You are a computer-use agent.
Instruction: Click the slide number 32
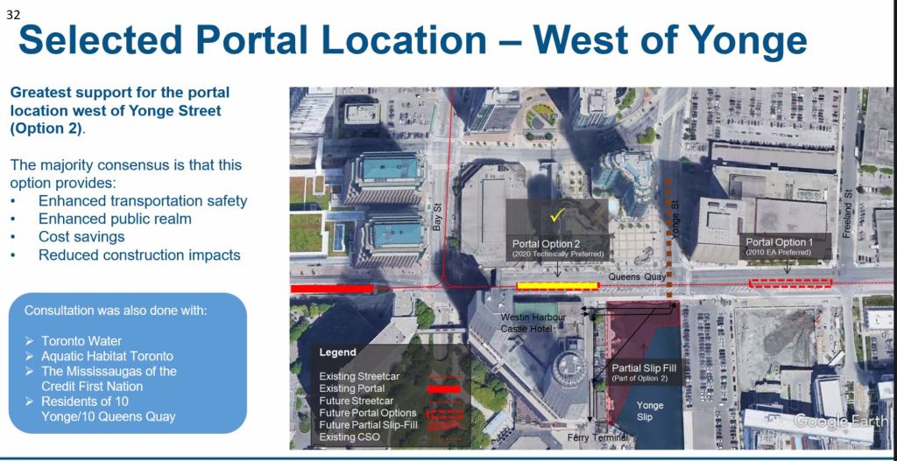[x=12, y=16]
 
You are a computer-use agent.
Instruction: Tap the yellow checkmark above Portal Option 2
[x=557, y=216]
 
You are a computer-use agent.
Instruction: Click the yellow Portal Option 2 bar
[x=557, y=286]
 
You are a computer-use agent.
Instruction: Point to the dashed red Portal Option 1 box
[x=790, y=283]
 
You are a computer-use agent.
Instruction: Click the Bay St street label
[x=438, y=219]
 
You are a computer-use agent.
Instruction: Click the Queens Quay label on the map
[x=637, y=276]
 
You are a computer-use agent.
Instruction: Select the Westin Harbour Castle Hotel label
[x=533, y=324]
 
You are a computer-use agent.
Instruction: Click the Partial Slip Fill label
[x=644, y=372]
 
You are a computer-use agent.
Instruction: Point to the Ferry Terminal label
[x=597, y=437]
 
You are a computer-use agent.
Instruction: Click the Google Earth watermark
[x=840, y=421]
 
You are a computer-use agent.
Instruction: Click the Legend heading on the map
[x=337, y=353]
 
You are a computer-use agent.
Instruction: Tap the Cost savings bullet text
[x=81, y=236]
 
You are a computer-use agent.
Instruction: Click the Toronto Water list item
[x=81, y=341]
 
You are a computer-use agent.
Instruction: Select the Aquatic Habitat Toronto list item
[x=107, y=356]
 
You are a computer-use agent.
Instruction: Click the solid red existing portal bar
[x=331, y=289]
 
